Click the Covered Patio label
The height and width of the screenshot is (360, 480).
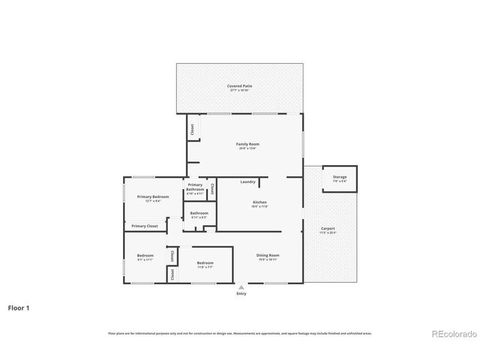240,86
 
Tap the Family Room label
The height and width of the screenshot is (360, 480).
247,144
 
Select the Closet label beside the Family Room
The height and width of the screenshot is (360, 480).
192,130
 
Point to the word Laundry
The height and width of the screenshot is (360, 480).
247,181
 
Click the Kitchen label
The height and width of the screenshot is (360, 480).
259,202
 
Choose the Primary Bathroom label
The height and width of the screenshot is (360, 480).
195,187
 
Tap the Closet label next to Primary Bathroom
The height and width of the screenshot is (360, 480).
212,188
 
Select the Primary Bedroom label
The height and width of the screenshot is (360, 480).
152,197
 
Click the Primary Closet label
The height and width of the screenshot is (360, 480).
145,226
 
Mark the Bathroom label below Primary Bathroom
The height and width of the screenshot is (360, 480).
199,214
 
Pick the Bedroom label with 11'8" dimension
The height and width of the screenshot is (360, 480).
205,263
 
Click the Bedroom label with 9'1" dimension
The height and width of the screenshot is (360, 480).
145,256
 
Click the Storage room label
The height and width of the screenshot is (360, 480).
340,178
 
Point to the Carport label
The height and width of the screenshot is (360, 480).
328,229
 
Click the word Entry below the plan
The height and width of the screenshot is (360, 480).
241,293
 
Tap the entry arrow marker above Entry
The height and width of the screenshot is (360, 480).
241,286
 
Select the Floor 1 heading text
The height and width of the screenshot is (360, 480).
19,307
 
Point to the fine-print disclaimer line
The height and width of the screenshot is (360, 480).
240,333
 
